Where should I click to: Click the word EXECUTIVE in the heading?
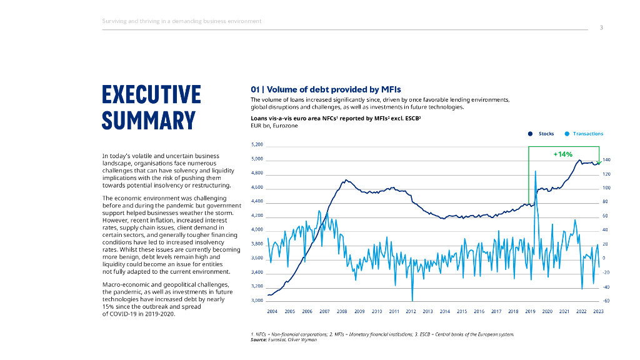coord(151,94)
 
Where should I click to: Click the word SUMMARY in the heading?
coord(149,119)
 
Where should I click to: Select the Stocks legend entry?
coord(546,134)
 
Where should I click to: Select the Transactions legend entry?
coord(587,134)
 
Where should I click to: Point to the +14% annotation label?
coord(563,154)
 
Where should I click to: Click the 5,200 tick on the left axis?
coord(257,145)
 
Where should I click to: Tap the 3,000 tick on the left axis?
coord(257,301)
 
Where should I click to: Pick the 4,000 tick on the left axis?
coord(257,230)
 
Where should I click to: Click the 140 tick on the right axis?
coord(606,160)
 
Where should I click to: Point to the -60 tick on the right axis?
coord(605,301)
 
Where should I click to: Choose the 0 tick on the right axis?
coord(604,258)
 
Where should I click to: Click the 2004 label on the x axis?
coord(272,311)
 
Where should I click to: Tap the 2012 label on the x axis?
coord(411,311)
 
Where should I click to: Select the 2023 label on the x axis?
coord(598,311)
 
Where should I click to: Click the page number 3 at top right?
coord(601,27)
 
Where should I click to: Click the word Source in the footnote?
coord(258,339)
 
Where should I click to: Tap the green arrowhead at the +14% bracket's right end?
coord(599,162)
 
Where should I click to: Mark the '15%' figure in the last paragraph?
coord(107,307)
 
